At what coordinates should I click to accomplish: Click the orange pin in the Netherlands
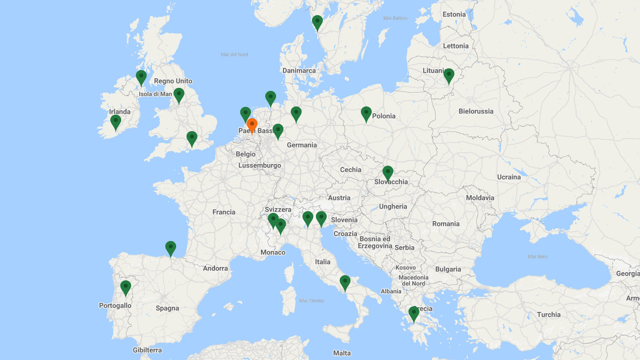[x=252, y=125]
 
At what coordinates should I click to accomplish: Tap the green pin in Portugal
[x=125, y=287]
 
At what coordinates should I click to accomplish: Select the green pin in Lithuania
[x=449, y=76]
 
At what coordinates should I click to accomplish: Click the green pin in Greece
[x=414, y=313]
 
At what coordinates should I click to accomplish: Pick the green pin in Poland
[x=366, y=114]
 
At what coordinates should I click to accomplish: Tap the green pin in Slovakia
[x=388, y=173]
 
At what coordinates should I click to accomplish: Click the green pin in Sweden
[x=317, y=22]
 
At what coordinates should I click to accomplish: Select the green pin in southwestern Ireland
[x=116, y=122]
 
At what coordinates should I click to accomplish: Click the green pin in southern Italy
[x=345, y=283]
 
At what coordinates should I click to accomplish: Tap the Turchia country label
[x=549, y=315]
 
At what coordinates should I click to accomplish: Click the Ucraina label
[x=509, y=177]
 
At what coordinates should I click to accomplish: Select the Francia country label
[x=224, y=212]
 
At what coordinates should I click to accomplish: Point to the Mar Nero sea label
[x=538, y=257]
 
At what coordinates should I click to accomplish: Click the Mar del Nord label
[x=235, y=55]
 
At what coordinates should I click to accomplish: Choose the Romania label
[x=446, y=224]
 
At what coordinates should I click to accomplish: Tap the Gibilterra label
[x=147, y=350]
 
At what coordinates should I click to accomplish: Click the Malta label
[x=342, y=353]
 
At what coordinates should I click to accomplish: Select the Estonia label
[x=454, y=14]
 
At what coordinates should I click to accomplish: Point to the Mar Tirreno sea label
[x=312, y=301]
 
